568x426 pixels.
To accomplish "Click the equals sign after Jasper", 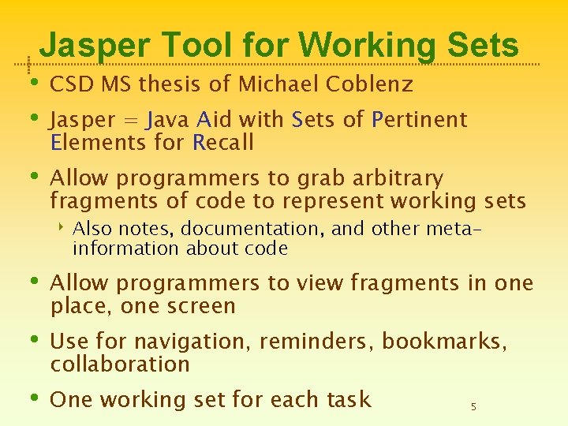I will [x=132, y=121].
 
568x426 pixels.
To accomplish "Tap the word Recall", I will [x=223, y=143].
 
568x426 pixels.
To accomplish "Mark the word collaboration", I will [x=120, y=364].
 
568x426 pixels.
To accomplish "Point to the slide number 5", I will [x=473, y=407].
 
